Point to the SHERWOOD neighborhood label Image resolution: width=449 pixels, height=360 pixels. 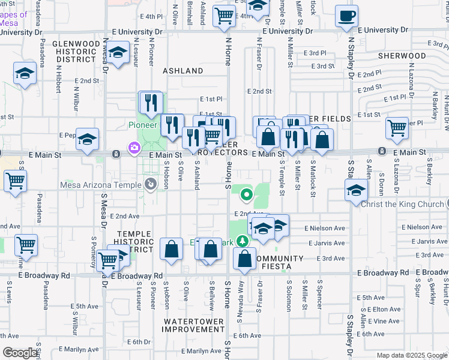tap(402, 56)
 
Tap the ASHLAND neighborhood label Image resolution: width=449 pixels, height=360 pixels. tap(183, 71)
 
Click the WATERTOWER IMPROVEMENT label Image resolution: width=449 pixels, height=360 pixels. tap(193, 326)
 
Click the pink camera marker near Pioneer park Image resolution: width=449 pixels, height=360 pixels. tap(133, 147)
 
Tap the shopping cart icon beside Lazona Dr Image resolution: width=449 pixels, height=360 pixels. tap(397, 127)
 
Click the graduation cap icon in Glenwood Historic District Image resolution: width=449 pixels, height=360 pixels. tap(118, 52)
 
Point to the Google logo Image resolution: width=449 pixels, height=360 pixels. tap(20, 353)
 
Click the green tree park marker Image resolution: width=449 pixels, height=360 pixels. tap(242, 241)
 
